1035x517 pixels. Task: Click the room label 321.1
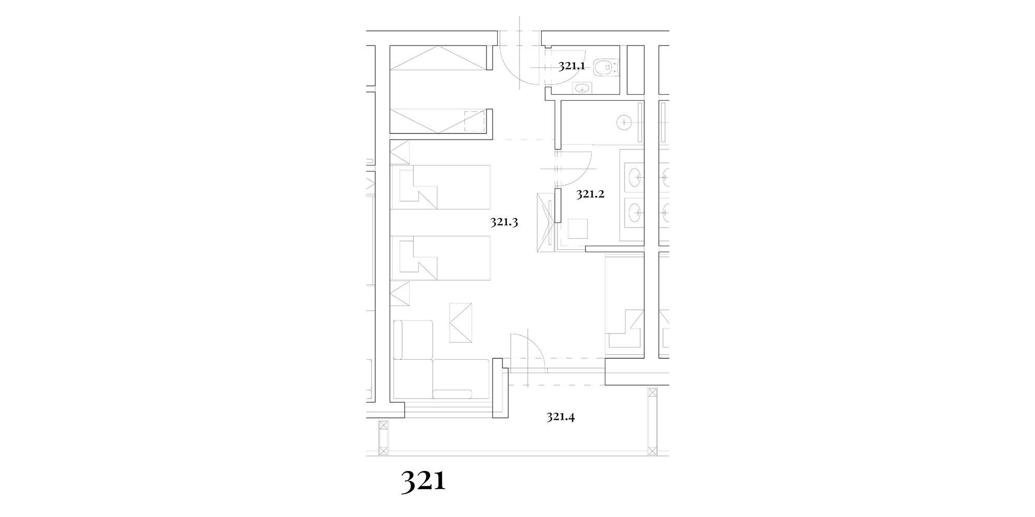[x=571, y=66]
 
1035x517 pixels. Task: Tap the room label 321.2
[x=590, y=194]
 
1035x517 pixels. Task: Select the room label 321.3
[x=504, y=222]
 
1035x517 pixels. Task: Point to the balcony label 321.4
[x=561, y=417]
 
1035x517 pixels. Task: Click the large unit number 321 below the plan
[x=423, y=482]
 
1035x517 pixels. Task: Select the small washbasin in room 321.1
[x=583, y=89]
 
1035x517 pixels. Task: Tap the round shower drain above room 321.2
[x=625, y=123]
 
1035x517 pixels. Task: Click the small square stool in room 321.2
[x=578, y=229]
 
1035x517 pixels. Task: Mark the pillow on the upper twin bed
[x=418, y=187]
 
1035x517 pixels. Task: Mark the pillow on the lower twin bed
[x=418, y=258]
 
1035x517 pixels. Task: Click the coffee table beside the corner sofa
[x=461, y=323]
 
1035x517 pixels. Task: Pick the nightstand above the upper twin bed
[x=400, y=153]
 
